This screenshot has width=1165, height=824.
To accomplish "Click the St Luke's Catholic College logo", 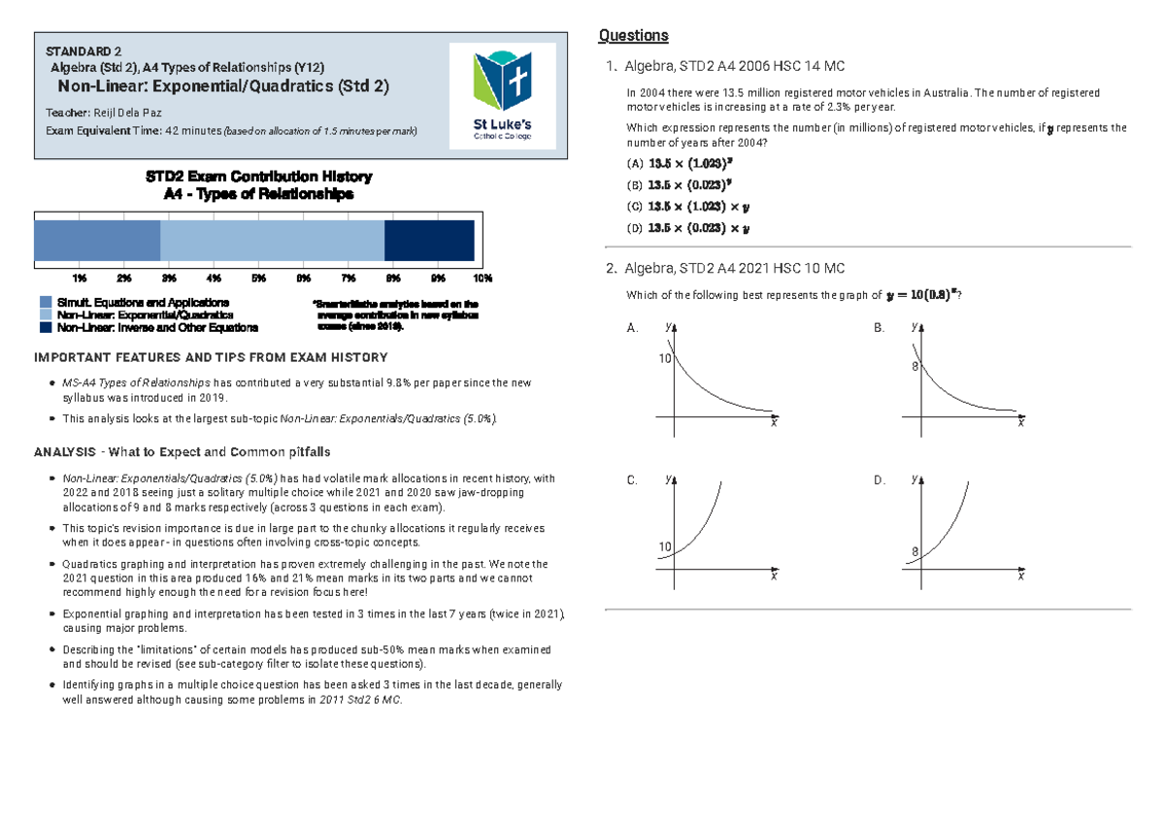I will (x=509, y=96).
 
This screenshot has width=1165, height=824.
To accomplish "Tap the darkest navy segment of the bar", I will (x=429, y=241).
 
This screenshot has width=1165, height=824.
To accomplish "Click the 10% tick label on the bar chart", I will (x=483, y=279).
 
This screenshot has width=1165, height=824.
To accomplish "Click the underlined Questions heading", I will (x=633, y=36).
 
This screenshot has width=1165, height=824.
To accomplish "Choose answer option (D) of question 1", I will (x=689, y=229).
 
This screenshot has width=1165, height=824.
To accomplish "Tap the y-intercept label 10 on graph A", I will (x=666, y=359).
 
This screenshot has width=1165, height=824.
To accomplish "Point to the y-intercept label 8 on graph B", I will (x=914, y=367).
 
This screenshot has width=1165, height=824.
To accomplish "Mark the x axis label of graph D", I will (x=1020, y=576).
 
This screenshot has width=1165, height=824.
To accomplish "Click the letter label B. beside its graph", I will (x=880, y=329).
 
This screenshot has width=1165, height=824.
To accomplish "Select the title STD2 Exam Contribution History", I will (x=258, y=177).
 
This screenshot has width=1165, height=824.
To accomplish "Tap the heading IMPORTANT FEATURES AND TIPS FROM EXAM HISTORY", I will (x=211, y=357).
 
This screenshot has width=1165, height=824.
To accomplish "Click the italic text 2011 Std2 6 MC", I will (x=364, y=699).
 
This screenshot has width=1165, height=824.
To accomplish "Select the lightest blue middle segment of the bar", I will (x=272, y=241).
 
